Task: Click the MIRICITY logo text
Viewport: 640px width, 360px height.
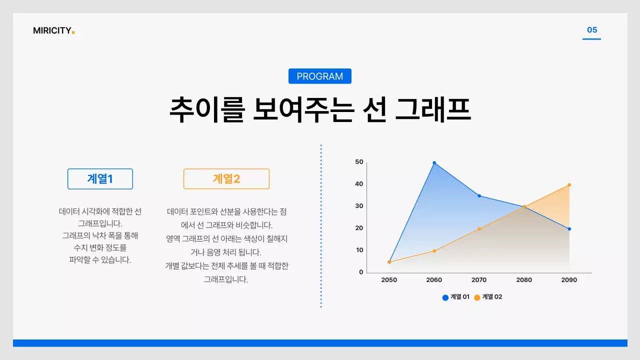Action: coord(53,30)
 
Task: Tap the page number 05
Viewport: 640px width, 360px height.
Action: coord(592,30)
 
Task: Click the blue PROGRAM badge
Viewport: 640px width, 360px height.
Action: coord(320,76)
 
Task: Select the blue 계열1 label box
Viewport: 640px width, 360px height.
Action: coord(100,179)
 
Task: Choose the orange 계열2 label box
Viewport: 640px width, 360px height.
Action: coord(226,179)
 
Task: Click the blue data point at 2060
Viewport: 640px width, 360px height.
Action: coord(434,163)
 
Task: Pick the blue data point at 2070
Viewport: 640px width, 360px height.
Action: coord(479,196)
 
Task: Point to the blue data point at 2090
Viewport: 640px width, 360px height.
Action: coord(569,229)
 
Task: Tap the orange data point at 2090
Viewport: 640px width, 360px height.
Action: coord(569,185)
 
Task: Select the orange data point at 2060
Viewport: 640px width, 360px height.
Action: coord(434,251)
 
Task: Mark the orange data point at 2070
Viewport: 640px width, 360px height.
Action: coord(479,229)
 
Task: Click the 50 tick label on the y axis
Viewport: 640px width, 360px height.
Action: coord(359,162)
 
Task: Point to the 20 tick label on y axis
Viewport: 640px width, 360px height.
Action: coord(359,228)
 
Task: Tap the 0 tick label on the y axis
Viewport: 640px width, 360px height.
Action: coord(361,272)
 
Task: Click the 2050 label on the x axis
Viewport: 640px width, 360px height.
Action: coord(389,280)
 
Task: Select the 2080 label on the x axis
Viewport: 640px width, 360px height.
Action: coord(524,280)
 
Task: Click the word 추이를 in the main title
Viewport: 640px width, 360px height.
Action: coord(206,110)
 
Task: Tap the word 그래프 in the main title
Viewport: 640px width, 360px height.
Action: coord(433,110)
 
